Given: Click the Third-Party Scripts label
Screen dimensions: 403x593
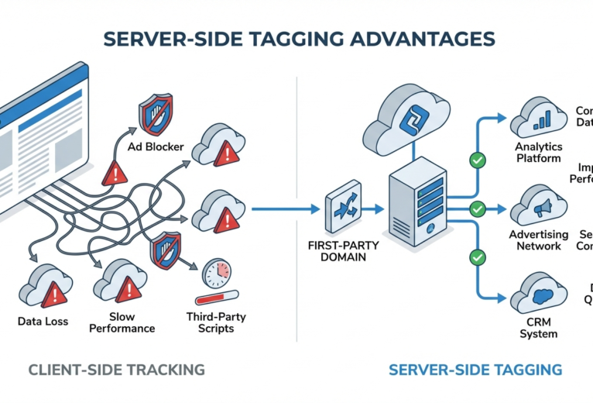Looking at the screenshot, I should pos(211,322).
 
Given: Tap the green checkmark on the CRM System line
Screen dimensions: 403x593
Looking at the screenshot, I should pos(478,257).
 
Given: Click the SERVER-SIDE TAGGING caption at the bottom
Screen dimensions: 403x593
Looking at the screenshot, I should pos(475,369).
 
